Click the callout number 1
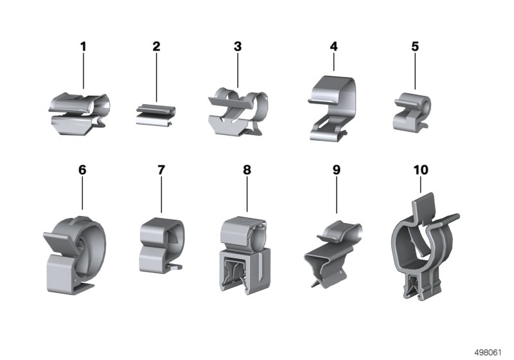[84, 46]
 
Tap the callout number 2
[156, 46]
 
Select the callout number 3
[238, 46]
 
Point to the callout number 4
[333, 46]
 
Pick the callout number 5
[415, 46]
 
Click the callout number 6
[82, 170]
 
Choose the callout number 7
[161, 170]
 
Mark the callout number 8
[247, 170]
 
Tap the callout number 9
[337, 170]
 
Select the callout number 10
[421, 170]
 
